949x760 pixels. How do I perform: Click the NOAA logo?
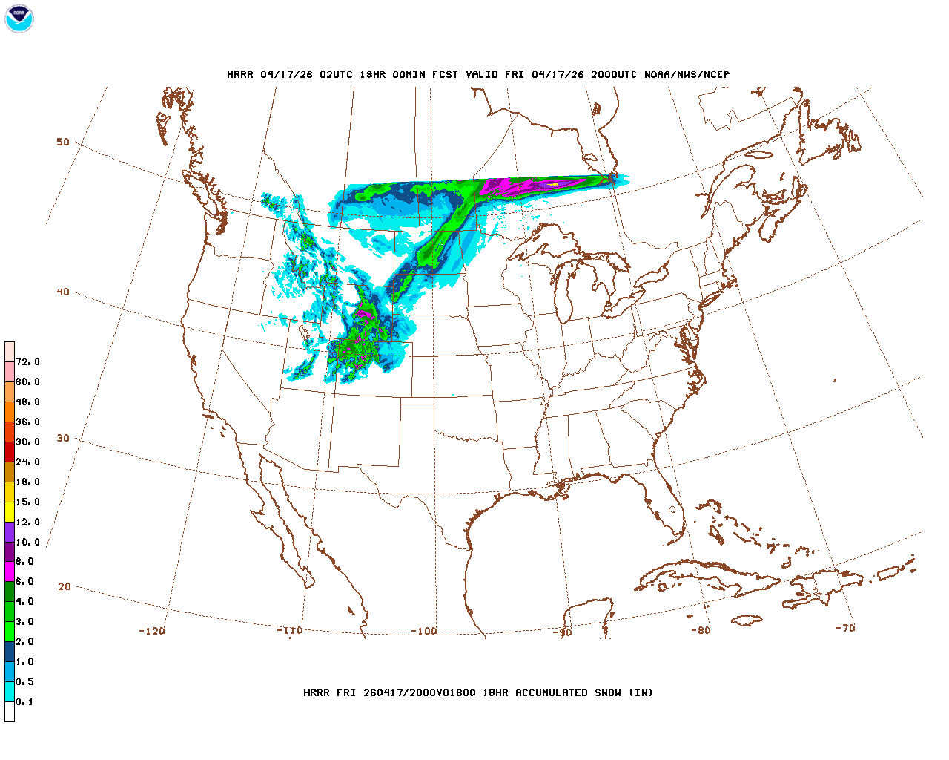(19, 19)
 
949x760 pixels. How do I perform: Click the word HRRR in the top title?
(240, 74)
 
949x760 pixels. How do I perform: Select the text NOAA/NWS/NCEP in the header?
(687, 74)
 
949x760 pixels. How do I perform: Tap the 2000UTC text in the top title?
(613, 74)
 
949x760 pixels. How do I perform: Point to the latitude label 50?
(63, 142)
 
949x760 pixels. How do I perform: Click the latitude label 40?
(63, 292)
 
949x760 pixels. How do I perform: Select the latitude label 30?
(63, 438)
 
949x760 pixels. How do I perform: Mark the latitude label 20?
(65, 586)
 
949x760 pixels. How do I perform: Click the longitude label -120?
(151, 631)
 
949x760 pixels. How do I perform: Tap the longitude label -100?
(424, 631)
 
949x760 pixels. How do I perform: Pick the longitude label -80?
(701, 630)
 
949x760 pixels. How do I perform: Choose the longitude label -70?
(845, 627)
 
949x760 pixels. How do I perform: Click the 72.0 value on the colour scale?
(27, 361)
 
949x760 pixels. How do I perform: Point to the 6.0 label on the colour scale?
(24, 582)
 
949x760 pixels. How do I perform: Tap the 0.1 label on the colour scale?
(24, 701)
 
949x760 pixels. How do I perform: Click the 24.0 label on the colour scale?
(27, 462)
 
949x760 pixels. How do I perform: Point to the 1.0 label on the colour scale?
(24, 661)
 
